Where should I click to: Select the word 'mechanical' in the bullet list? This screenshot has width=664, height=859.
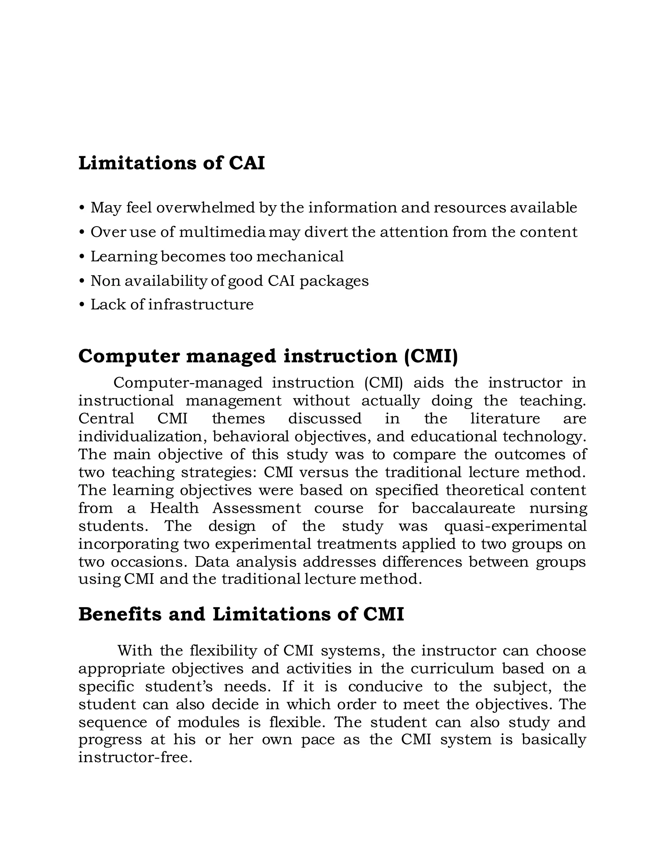tap(300, 256)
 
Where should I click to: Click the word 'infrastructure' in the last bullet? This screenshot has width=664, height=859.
tap(201, 304)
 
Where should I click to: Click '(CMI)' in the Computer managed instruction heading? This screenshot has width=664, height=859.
tap(431, 356)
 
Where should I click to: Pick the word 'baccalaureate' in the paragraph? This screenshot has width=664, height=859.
tap(463, 508)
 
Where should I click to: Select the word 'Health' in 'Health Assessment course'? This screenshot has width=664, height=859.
tap(174, 508)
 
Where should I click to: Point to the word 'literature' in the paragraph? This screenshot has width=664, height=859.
tap(505, 418)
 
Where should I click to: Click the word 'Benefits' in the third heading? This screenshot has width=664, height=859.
tap(120, 614)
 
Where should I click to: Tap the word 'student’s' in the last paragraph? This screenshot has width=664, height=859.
tap(179, 687)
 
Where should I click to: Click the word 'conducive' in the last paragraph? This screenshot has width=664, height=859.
tap(385, 687)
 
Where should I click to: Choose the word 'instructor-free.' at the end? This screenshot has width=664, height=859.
tap(135, 758)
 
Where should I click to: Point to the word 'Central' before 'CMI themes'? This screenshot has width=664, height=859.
tap(106, 418)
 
